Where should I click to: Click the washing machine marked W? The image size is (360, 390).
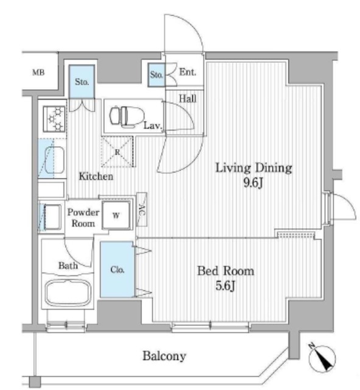(116, 214)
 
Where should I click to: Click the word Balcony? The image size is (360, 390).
(164, 356)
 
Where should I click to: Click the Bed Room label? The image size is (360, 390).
(224, 271)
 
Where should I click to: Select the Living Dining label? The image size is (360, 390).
(254, 168)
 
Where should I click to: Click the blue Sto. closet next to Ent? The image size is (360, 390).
(156, 75)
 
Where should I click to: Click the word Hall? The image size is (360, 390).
(187, 97)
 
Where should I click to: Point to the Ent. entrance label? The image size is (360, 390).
(188, 73)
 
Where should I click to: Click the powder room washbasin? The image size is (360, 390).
(51, 216)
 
